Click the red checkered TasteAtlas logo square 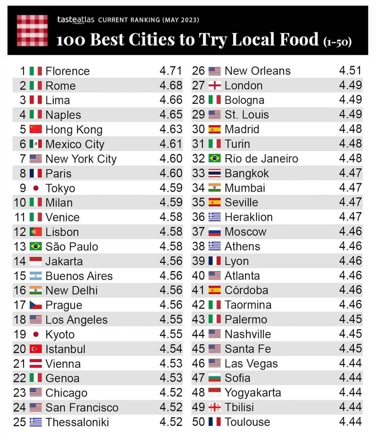tap(32, 30)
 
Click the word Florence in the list tap(67, 71)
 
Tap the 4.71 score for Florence tap(171, 71)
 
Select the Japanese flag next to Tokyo tap(36, 188)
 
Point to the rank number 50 tap(198, 422)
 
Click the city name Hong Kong tap(74, 129)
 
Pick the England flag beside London tap(214, 86)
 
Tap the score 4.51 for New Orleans tap(350, 71)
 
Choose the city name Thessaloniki tap(77, 422)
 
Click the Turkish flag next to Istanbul tap(36, 349)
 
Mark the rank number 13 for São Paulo tap(20, 246)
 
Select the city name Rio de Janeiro tap(261, 159)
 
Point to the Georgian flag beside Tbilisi tap(214, 407)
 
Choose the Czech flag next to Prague tap(36, 305)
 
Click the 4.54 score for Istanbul tap(171, 349)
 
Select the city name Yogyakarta tap(253, 393)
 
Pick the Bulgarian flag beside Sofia tap(214, 378)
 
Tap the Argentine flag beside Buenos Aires tap(36, 276)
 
